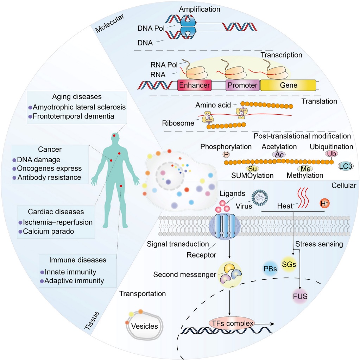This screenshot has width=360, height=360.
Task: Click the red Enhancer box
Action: pyautogui.click(x=195, y=85)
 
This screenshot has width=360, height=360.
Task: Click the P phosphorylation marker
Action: pyautogui.click(x=226, y=154)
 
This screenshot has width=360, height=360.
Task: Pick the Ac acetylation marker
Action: pyautogui.click(x=279, y=154)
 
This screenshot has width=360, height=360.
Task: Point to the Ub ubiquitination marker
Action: pyautogui.click(x=331, y=154)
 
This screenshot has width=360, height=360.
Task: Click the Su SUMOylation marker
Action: pyautogui.click(x=250, y=169)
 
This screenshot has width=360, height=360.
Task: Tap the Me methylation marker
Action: pyautogui.click(x=305, y=169)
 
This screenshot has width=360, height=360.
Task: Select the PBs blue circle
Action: pyautogui.click(x=270, y=269)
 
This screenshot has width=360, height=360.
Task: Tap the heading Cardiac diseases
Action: pyautogui.click(x=56, y=212)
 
